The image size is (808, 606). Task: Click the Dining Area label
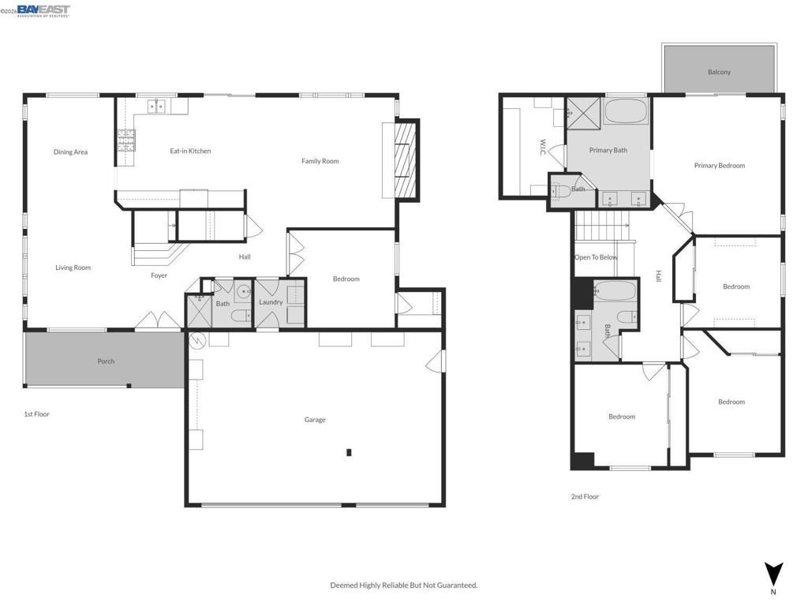(x=70, y=152)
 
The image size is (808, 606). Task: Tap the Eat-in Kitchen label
(x=190, y=151)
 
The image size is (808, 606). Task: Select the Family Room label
(x=320, y=161)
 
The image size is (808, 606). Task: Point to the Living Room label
(x=73, y=267)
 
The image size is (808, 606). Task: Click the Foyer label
(x=159, y=275)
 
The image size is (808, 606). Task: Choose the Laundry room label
(x=271, y=302)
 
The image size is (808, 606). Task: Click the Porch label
(x=106, y=361)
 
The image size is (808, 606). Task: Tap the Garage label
(x=315, y=420)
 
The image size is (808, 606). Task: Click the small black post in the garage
(x=348, y=452)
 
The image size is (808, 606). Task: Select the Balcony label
(x=719, y=72)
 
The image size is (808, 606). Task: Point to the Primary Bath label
(x=608, y=150)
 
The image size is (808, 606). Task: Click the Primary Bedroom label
(x=719, y=166)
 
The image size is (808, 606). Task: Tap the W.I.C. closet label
(x=543, y=148)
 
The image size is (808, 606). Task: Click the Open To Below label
(x=596, y=257)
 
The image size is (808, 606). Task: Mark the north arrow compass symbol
(x=773, y=574)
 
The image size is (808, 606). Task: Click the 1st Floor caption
(x=36, y=413)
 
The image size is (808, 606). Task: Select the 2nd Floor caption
(x=585, y=496)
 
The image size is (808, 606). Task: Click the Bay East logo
(x=43, y=10)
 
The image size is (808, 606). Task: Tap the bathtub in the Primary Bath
(x=627, y=111)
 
